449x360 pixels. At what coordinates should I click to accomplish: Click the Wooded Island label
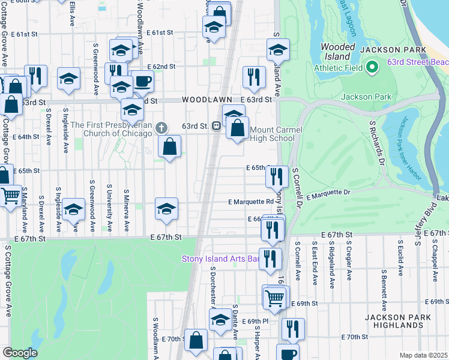[335, 51]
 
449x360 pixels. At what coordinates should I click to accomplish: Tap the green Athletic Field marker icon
[372, 67]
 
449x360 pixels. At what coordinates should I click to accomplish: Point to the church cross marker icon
[161, 127]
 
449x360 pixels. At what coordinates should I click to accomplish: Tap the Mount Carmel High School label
[272, 134]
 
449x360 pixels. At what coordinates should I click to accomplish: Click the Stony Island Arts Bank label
[221, 259]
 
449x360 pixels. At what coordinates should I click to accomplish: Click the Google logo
[20, 352]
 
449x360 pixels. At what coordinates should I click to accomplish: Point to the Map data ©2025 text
[423, 355]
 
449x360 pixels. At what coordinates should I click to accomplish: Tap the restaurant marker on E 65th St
[276, 176]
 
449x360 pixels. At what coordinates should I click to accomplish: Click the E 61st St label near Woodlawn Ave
[158, 33]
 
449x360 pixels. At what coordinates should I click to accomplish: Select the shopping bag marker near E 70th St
[196, 340]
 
